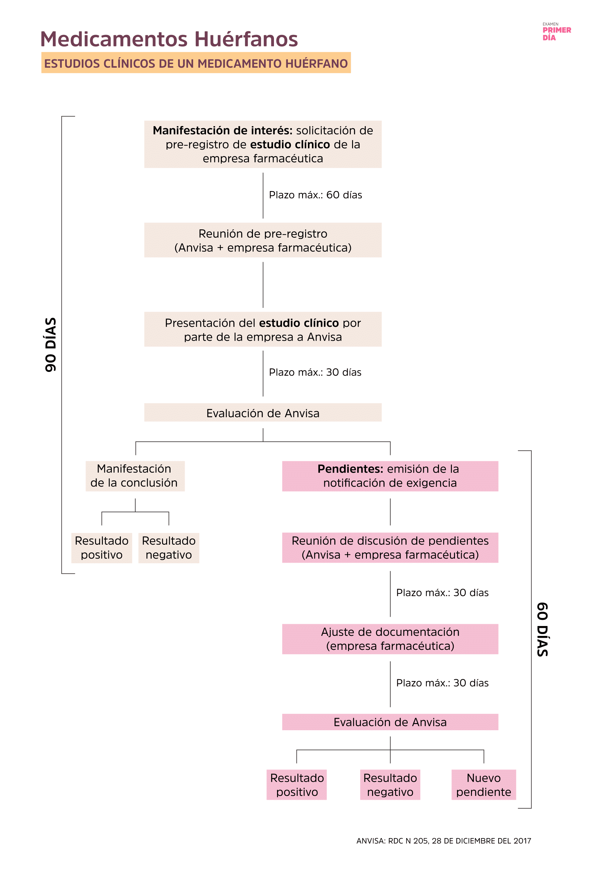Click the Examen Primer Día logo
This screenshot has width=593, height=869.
[556, 32]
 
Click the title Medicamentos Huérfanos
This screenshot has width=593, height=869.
[169, 39]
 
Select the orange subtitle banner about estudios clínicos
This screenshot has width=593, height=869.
[196, 63]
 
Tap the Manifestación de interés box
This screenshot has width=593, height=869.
[263, 144]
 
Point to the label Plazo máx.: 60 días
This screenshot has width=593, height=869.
[315, 195]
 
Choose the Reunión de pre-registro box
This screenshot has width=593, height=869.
[263, 240]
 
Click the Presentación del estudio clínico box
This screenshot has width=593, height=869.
[263, 330]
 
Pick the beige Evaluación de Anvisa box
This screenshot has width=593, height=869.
[263, 413]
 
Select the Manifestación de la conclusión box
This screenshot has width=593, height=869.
[135, 476]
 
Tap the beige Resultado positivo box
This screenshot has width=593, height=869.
[101, 547]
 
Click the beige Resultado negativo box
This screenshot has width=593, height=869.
[169, 547]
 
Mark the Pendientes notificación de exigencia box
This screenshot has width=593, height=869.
[390, 476]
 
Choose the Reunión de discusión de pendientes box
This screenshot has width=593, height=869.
[390, 547]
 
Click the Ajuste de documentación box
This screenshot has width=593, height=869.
[390, 639]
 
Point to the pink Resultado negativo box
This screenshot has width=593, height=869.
[390, 785]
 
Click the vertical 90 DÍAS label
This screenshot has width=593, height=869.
[50, 344]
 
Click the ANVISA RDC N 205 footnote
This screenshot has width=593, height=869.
[443, 841]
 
